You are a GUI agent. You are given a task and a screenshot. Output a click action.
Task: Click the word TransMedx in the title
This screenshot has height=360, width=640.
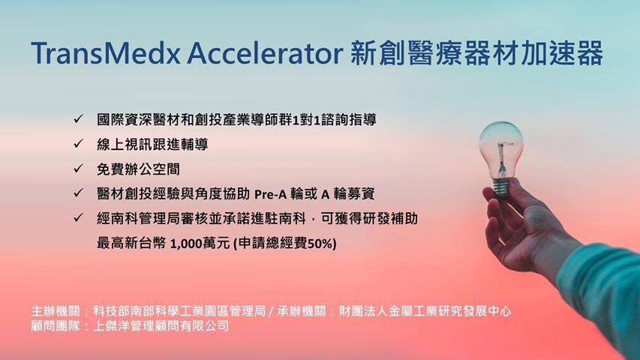pyautogui.click(x=106, y=53)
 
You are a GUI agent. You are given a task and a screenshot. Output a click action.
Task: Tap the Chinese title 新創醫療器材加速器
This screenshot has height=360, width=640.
pyautogui.click(x=476, y=53)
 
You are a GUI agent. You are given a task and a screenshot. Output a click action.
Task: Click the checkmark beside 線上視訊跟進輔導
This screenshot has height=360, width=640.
pyautogui.click(x=78, y=144)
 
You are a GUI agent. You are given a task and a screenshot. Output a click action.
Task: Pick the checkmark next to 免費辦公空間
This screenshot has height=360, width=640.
pyautogui.click(x=78, y=168)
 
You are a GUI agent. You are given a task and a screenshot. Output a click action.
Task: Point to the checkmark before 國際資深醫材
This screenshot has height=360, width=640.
pyautogui.click(x=78, y=119)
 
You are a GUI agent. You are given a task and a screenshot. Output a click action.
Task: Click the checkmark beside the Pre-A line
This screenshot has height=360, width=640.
pyautogui.click(x=78, y=193)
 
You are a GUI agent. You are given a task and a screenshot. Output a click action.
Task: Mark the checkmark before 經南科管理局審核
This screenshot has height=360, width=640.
pyautogui.click(x=78, y=217)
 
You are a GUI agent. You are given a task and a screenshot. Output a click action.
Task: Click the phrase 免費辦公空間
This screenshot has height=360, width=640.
pyautogui.click(x=138, y=169)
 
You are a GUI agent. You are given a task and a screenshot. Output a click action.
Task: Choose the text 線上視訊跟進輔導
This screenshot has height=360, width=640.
pyautogui.click(x=152, y=145)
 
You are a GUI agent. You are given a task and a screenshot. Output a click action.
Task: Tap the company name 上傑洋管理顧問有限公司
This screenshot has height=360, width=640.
pyautogui.click(x=161, y=325)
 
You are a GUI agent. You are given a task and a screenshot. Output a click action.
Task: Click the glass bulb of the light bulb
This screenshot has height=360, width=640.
pyautogui.click(x=500, y=149)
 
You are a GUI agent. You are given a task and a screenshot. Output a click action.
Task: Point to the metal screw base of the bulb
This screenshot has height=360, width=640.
pyautogui.click(x=502, y=188)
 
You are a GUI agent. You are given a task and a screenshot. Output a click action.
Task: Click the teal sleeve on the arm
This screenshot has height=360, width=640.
pyautogui.click(x=602, y=294)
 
